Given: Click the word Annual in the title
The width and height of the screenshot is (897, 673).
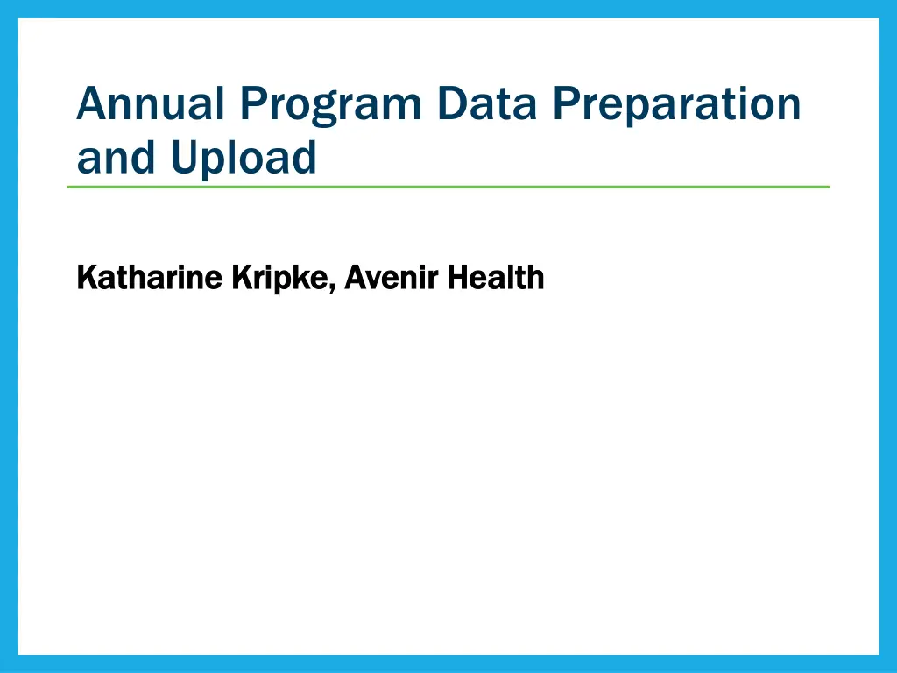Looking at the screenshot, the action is [x=150, y=103].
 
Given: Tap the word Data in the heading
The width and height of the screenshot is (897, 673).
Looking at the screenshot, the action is [x=487, y=103].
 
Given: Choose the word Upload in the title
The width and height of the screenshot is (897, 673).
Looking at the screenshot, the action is [x=244, y=158].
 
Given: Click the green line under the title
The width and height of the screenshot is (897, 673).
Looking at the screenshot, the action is [x=448, y=187].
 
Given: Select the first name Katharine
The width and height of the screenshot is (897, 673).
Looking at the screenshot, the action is [x=149, y=278].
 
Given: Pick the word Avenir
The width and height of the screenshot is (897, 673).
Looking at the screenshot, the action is [x=392, y=278].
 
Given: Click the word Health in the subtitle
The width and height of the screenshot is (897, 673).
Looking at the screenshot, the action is [x=496, y=278].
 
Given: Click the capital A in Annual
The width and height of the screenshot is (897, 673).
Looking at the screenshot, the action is [x=92, y=103].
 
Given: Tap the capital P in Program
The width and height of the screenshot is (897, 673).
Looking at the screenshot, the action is [x=253, y=103].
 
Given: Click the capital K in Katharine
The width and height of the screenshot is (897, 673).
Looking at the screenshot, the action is [x=86, y=278].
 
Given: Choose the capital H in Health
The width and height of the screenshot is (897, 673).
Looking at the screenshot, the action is [x=456, y=278].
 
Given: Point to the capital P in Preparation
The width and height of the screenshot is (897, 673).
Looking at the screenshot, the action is [x=567, y=103].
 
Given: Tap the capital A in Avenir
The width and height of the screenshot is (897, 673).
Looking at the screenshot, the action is [x=355, y=278].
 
